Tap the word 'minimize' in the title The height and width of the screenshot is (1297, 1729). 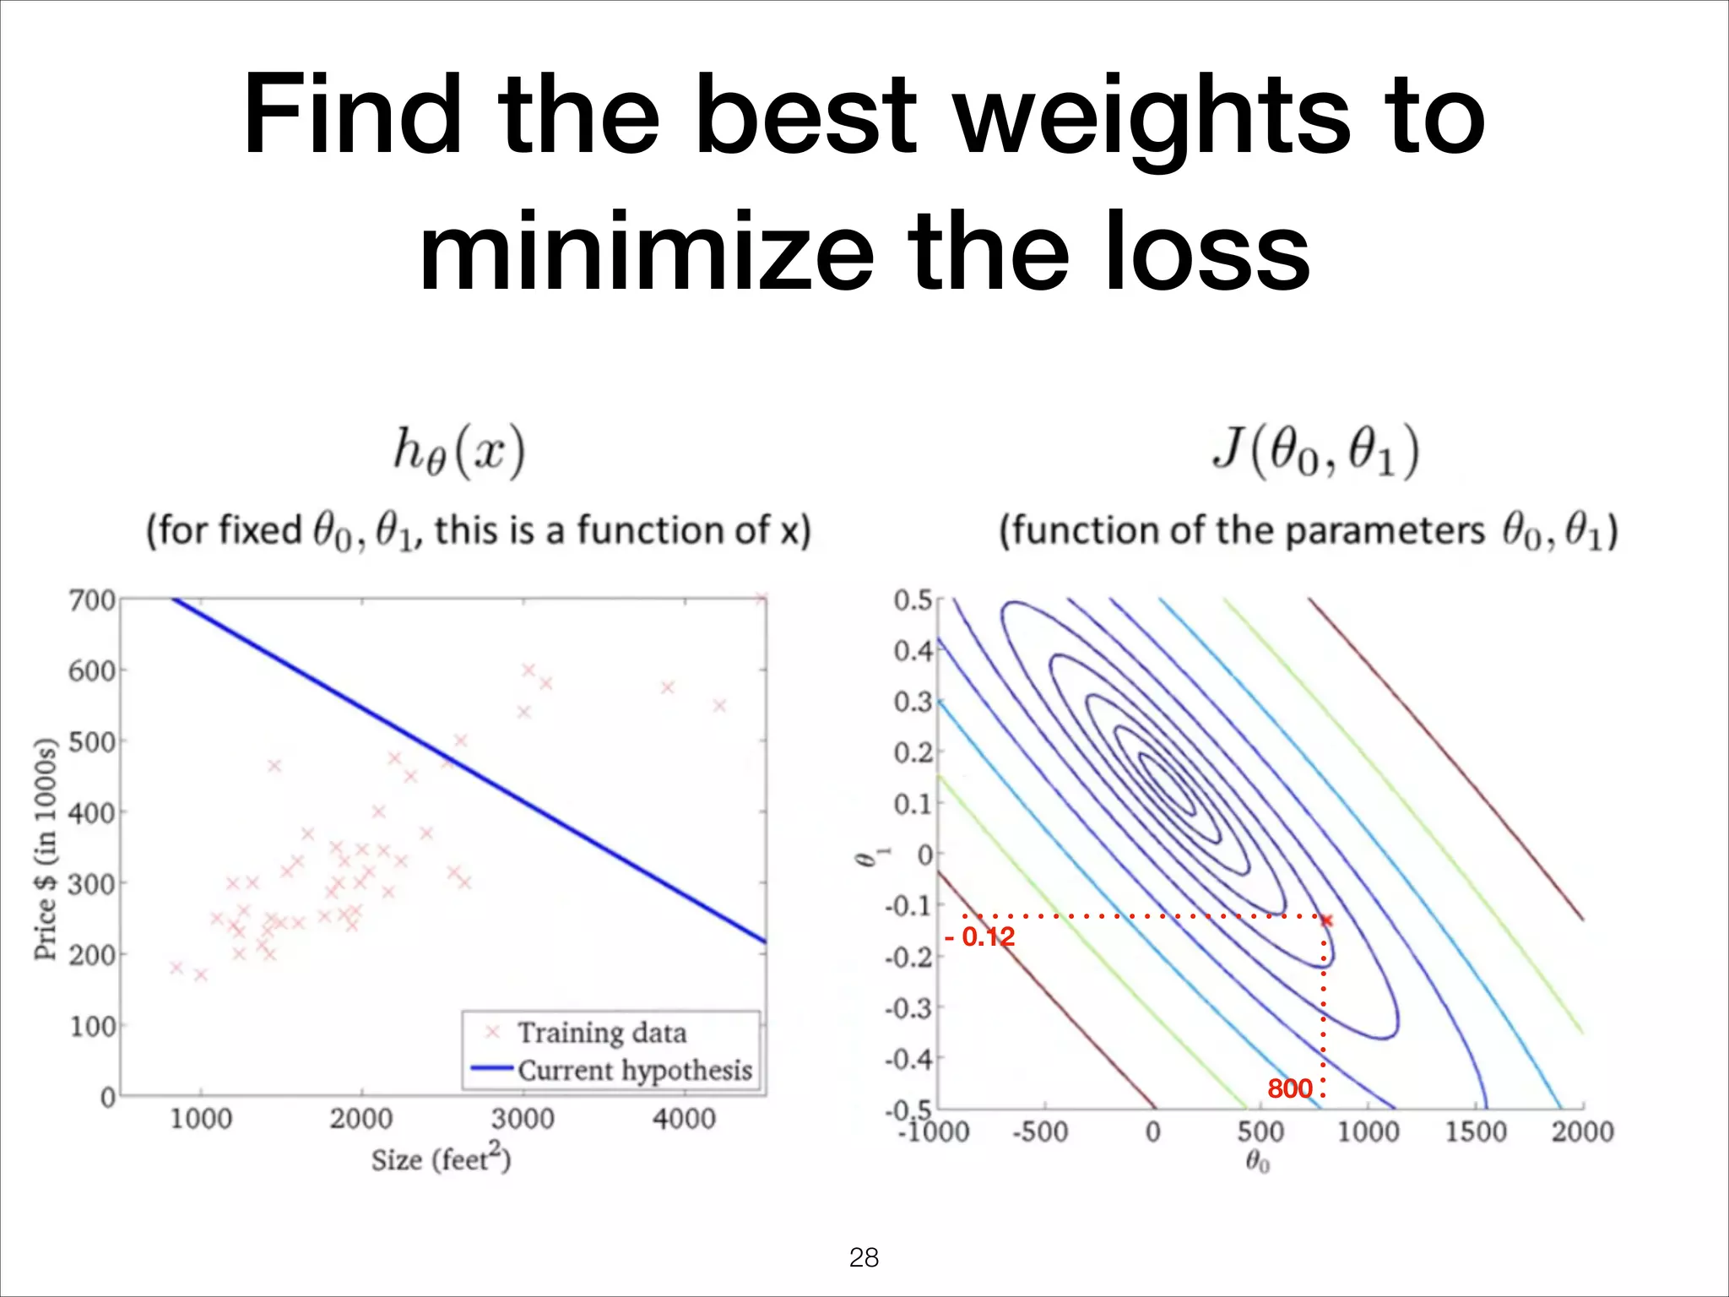pos(646,252)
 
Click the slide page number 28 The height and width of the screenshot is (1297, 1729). pos(864,1257)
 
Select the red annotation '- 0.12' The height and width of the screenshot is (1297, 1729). pos(980,937)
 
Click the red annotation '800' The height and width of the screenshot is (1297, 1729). pos(1290,1088)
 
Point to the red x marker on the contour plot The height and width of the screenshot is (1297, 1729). pos(1326,920)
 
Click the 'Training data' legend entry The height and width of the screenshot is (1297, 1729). pos(601,1033)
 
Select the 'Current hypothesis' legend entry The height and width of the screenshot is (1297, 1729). pos(634,1070)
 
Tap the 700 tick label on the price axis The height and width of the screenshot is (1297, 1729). pos(91,600)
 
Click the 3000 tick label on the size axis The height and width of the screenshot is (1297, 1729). pos(523,1120)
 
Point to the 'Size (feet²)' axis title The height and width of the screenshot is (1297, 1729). pos(441,1159)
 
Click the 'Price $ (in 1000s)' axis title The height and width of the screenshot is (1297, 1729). pos(46,849)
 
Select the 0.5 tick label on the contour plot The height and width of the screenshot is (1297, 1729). pos(913,600)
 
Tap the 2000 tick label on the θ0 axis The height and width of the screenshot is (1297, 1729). pos(1582,1131)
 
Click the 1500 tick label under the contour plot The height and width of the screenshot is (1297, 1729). pos(1475,1131)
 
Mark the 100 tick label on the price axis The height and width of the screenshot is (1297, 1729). pos(91,1027)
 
